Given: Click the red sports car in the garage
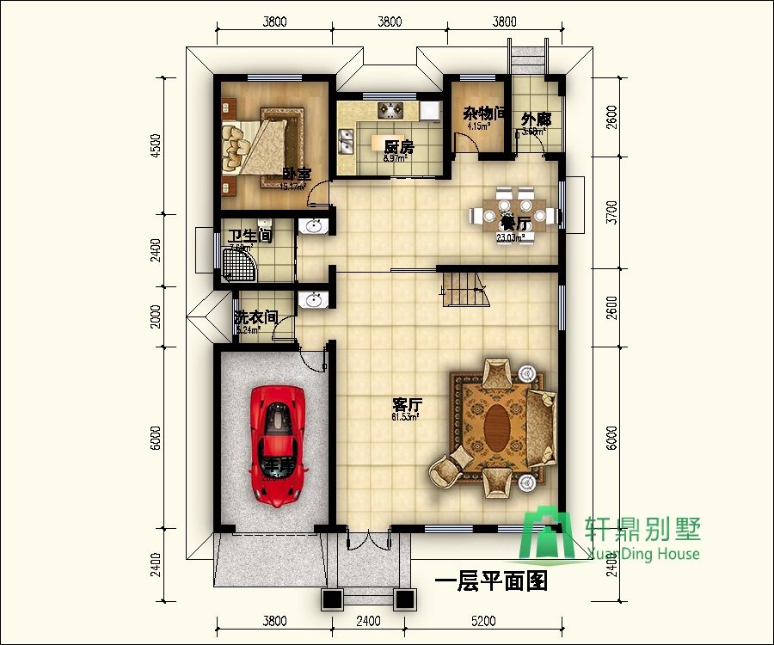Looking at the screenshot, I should tap(277, 444).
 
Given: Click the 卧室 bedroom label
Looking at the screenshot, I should tap(297, 175).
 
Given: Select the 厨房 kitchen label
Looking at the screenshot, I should tap(399, 147).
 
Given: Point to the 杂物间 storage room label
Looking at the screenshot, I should tap(478, 113).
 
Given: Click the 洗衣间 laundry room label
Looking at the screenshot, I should tap(255, 317).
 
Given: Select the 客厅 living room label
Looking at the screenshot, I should tap(407, 403).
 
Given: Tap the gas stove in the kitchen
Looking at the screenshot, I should tap(390, 110).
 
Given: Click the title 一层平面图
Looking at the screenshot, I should tap(491, 582).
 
